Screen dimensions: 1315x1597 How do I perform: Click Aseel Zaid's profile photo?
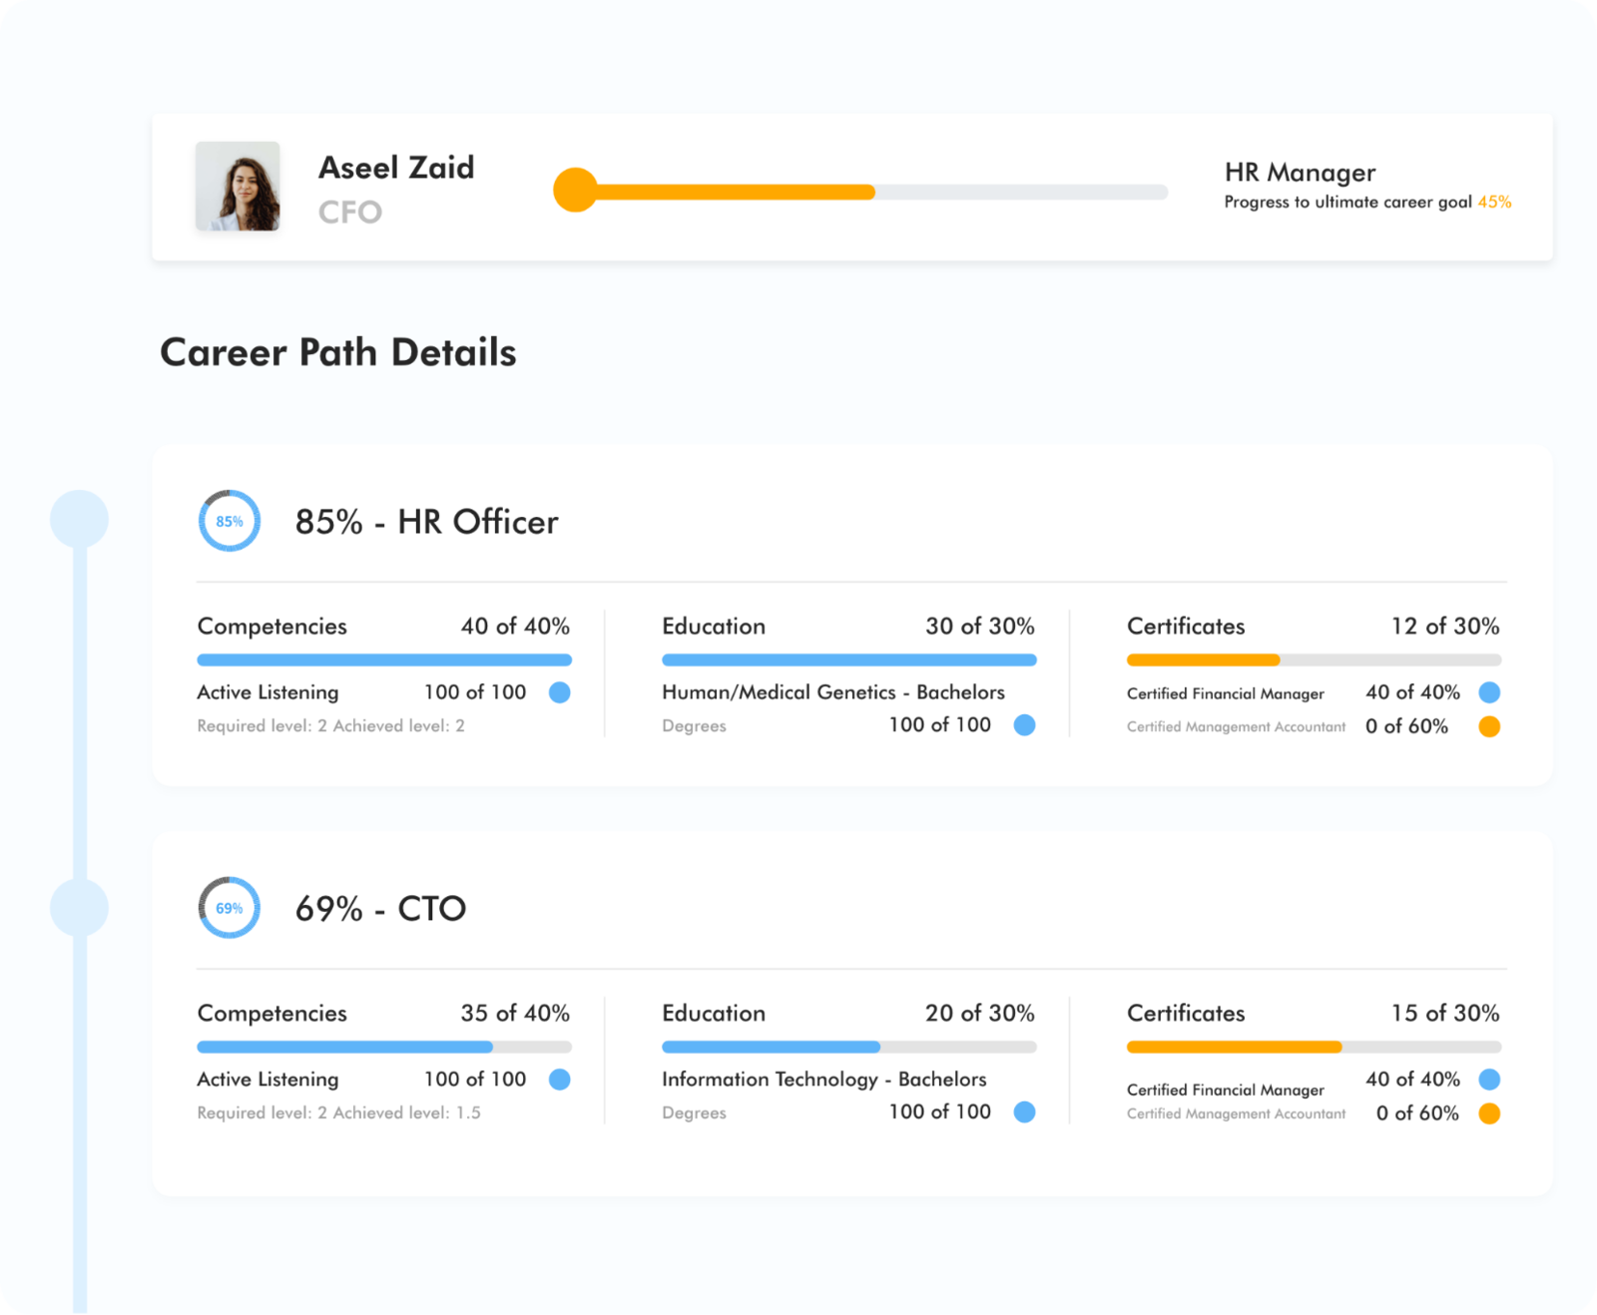point(238,187)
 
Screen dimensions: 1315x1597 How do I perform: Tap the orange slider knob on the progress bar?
point(575,190)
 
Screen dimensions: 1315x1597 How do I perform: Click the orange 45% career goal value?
point(1494,202)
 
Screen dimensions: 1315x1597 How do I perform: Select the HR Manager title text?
point(1300,173)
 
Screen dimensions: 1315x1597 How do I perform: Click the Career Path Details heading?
point(337,352)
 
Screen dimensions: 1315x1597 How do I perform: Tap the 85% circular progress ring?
point(230,521)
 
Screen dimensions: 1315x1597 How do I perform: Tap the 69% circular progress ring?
point(230,908)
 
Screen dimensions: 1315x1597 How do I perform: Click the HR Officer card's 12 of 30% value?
point(1444,626)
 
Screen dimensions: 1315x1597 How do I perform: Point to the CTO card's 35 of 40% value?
point(515,1013)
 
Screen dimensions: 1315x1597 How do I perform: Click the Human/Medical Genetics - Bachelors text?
point(832,691)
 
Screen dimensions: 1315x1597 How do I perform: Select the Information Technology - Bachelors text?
point(823,1079)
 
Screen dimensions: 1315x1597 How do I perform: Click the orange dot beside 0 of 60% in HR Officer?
point(1489,726)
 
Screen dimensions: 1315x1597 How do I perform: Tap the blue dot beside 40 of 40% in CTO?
point(1489,1079)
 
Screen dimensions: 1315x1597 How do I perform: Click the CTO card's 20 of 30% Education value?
point(979,1013)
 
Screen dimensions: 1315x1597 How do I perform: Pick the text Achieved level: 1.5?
point(407,1112)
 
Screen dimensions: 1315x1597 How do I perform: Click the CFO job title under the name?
point(349,212)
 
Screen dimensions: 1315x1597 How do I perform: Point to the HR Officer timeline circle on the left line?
point(79,519)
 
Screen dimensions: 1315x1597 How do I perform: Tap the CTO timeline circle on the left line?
point(79,907)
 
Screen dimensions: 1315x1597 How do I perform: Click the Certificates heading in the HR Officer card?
point(1186,626)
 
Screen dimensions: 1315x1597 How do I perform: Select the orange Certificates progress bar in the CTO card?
point(1234,1047)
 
